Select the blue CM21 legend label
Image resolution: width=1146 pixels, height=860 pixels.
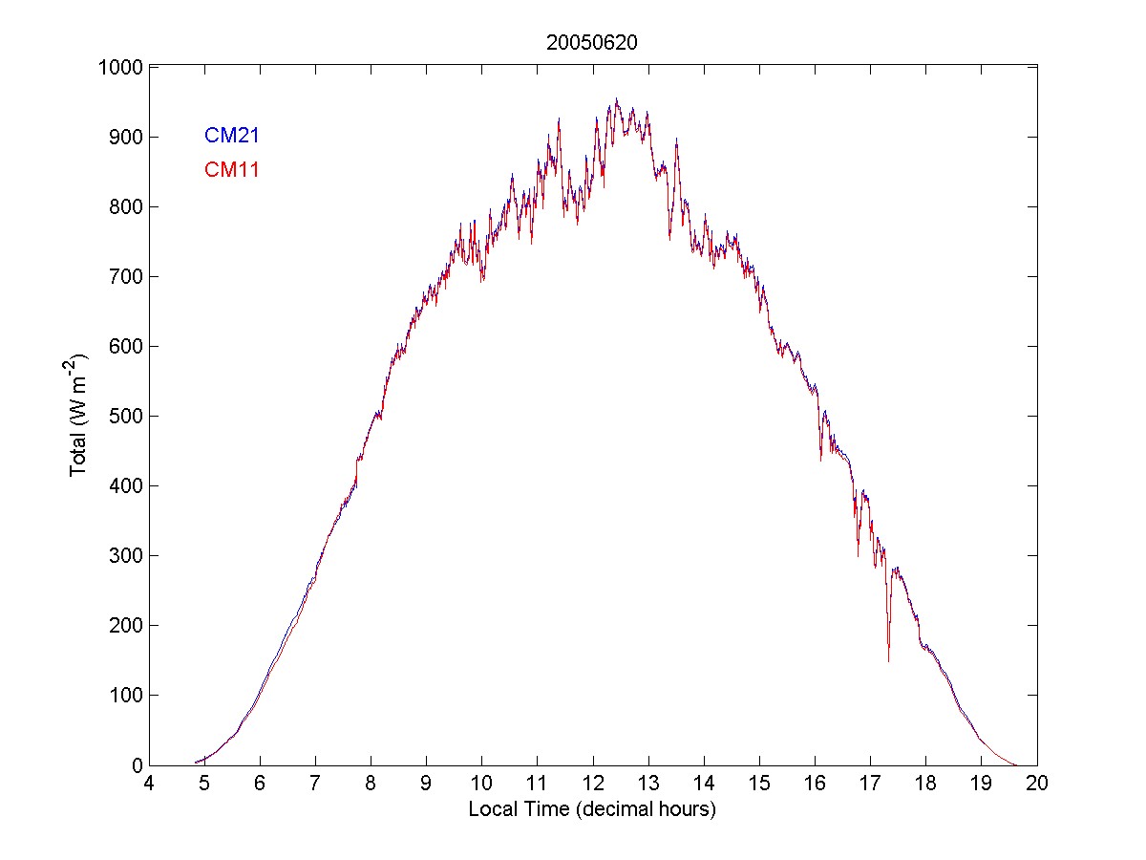coord(232,136)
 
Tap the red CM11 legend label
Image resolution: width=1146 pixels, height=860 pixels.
coord(232,170)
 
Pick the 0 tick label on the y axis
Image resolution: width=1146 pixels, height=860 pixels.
coord(137,765)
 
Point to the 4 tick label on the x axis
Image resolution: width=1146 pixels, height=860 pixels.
coord(148,784)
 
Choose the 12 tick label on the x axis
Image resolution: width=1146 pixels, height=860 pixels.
coord(593,784)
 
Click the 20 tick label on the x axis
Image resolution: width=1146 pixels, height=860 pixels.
coord(1037,784)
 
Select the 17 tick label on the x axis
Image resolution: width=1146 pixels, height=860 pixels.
coord(871,784)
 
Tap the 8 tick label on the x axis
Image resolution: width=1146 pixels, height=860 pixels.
coord(371,784)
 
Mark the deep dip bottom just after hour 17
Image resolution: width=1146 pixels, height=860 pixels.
coord(888,660)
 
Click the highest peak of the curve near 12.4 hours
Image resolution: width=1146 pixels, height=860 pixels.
coord(616,99)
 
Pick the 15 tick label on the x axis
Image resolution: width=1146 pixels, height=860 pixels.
coord(759,784)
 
